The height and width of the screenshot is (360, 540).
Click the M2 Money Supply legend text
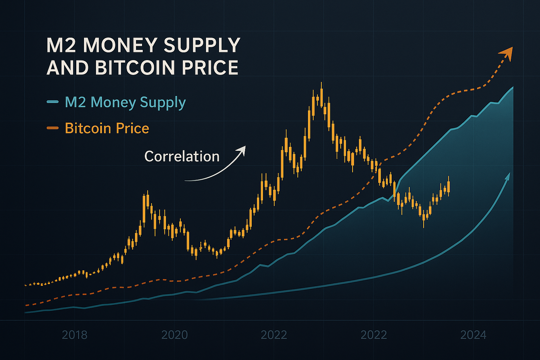[125, 102]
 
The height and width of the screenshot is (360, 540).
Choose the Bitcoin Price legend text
[107, 128]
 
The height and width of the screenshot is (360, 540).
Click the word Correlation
[182, 156]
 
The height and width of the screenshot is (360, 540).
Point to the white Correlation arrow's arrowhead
[242, 149]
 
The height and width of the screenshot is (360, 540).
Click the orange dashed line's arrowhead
[508, 52]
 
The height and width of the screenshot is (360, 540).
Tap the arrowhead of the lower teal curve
[508, 176]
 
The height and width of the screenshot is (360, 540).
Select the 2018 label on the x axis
[75, 335]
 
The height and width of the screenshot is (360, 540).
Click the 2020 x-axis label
[174, 335]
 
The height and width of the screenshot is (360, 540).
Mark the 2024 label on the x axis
[473, 335]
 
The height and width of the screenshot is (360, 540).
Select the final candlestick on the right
[449, 186]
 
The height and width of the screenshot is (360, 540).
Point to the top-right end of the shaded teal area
[513, 88]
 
